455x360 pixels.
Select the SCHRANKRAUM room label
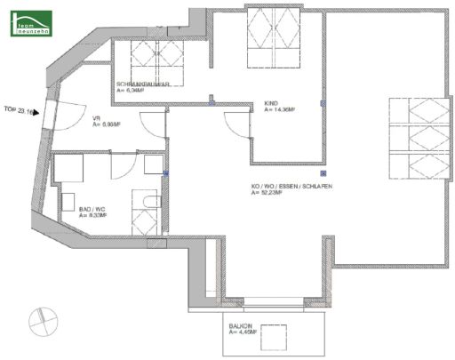pos(141,84)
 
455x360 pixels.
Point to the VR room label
pos(97,120)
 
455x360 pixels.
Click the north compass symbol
pos(42,317)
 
